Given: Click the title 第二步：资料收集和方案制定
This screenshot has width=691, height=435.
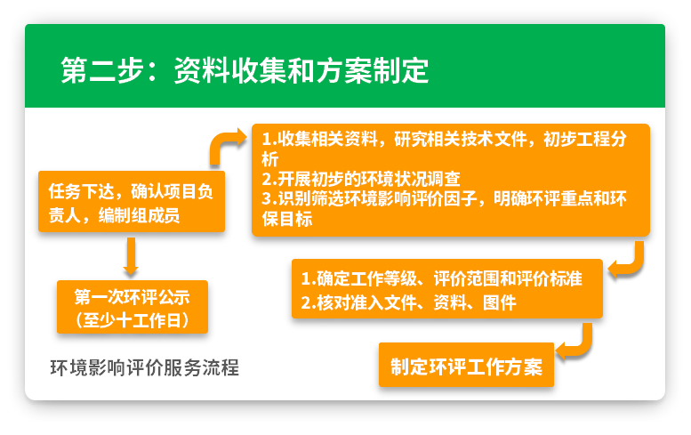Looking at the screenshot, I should coord(245,69).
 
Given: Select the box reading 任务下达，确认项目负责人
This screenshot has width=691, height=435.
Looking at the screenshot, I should coord(131,202).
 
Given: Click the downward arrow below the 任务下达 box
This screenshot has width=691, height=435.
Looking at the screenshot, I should coord(131,256).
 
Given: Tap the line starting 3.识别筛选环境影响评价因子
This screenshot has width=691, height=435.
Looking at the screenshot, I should coord(445,198).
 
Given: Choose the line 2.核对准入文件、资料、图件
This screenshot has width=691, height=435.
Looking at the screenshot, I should coord(408,302).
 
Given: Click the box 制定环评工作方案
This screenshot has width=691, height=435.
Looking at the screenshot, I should coord(466,366).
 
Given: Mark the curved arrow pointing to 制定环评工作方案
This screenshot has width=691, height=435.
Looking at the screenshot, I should coord(577,342).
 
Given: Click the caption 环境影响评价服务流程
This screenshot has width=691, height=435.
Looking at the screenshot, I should coord(144,367).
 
